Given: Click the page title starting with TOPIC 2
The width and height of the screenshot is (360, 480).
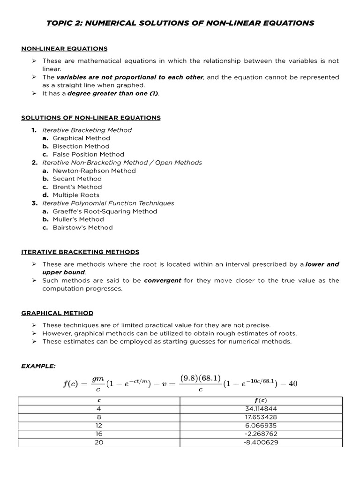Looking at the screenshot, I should tap(180, 23).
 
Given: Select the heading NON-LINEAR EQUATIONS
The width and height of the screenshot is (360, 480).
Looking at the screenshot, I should tap(64, 48).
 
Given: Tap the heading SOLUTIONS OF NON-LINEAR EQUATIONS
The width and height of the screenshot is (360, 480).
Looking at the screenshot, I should tap(91, 118).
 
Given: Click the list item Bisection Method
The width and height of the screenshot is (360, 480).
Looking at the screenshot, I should tap(81, 146).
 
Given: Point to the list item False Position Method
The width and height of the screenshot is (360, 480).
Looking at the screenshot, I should tap(88, 154).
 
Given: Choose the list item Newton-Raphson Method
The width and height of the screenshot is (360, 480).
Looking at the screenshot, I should tap(94, 171).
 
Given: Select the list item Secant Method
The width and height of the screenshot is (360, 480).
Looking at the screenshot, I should tap(77, 179).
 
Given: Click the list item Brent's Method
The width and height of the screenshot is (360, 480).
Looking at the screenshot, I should tap(77, 187).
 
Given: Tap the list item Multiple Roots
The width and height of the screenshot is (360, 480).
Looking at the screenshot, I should tap(75, 195).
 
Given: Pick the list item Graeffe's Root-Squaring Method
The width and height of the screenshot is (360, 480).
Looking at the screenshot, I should tap(105, 211).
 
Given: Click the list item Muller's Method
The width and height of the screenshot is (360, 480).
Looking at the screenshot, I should tap(78, 219).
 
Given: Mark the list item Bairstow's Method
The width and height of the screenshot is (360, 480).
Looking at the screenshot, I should tap(82, 227).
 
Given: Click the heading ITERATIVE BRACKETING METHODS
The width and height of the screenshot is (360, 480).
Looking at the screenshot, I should tap(80, 252).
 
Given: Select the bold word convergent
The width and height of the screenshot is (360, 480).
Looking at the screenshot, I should tap(162, 280).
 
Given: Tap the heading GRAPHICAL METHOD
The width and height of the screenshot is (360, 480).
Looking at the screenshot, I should tap(57, 313).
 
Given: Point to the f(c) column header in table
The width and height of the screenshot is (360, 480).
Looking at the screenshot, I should tap(260, 400).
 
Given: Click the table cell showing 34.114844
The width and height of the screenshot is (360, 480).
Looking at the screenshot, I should tap(260, 408).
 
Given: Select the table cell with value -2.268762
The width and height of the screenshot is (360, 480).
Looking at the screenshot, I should tap(260, 434).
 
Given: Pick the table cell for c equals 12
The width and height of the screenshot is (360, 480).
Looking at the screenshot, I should tap(98, 425).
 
